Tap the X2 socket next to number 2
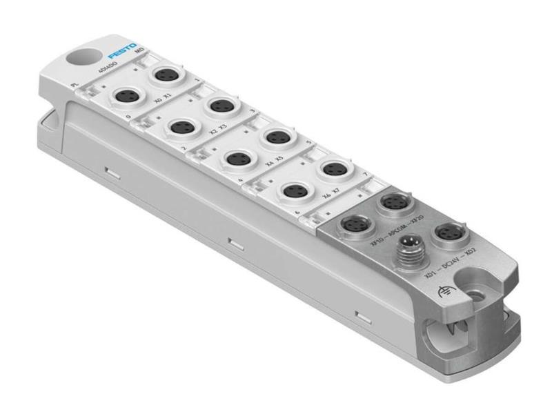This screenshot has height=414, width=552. [183, 128]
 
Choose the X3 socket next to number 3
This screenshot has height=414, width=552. [221, 106]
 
